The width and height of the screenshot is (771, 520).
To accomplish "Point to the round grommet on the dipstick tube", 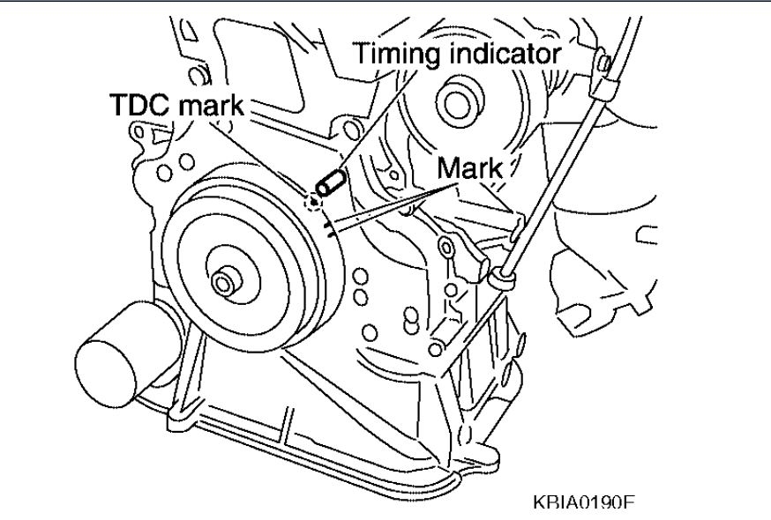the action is coord(505,279).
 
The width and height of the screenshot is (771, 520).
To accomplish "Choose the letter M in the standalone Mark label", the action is coord(446,167).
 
